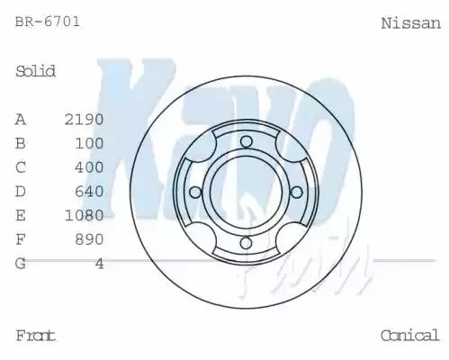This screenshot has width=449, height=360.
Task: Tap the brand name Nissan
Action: pyautogui.click(x=410, y=22)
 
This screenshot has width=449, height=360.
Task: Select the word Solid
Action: pyautogui.click(x=36, y=71)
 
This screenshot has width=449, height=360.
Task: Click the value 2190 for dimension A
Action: pyautogui.click(x=85, y=120)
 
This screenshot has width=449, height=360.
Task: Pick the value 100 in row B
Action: pyautogui.click(x=91, y=143)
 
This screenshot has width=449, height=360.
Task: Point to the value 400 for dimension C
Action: pyautogui.click(x=91, y=167)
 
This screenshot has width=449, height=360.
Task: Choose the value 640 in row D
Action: pyautogui.click(x=91, y=191)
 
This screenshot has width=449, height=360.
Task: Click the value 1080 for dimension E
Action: pyautogui.click(x=85, y=215)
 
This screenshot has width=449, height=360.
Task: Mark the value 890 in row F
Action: pyautogui.click(x=91, y=238)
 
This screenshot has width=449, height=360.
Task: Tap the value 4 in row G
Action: pyautogui.click(x=100, y=263)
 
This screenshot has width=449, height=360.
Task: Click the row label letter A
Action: pyautogui.click(x=21, y=120)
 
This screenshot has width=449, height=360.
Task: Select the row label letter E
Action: pyautogui.click(x=21, y=215)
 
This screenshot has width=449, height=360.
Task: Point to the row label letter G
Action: pyautogui.click(x=21, y=263)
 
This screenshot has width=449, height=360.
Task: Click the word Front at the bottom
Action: pyautogui.click(x=36, y=336)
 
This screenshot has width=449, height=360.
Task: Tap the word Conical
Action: pyautogui.click(x=409, y=336)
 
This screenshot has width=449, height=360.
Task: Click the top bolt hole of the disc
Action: pyautogui.click(x=247, y=139)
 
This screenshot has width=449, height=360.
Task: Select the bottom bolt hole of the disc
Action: pyautogui.click(x=246, y=243)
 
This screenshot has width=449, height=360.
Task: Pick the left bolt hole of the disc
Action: pyautogui.click(x=194, y=191)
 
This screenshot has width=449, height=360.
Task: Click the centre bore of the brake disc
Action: pyautogui.click(x=246, y=191)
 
